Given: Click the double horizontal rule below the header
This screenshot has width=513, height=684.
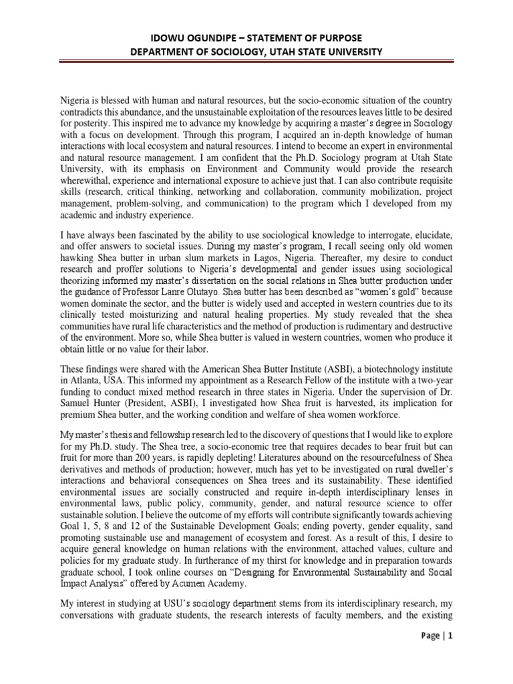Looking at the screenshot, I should point(256,63).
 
